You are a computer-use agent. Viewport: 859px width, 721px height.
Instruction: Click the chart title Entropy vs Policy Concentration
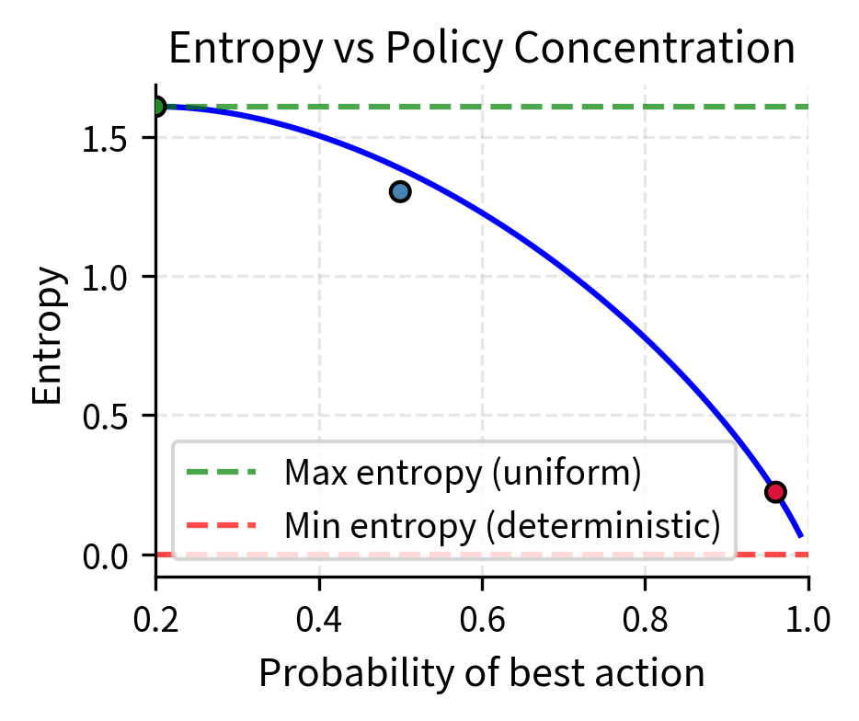click(x=482, y=49)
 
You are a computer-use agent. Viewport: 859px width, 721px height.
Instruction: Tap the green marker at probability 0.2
click(x=156, y=107)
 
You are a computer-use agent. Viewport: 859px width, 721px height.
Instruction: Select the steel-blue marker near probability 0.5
click(x=400, y=191)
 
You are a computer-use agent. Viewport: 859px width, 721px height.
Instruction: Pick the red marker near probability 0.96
click(x=775, y=492)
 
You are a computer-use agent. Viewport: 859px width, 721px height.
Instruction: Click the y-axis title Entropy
click(x=47, y=337)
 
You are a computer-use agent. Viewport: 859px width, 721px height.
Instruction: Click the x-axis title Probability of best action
click(x=482, y=674)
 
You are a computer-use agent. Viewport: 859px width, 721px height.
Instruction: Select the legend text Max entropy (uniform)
click(x=462, y=473)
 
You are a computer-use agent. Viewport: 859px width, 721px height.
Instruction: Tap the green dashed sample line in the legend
click(x=221, y=473)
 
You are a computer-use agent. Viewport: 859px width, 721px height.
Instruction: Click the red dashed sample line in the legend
click(x=221, y=525)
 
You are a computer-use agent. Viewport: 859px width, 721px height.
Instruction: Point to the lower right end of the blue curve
click(x=801, y=535)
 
